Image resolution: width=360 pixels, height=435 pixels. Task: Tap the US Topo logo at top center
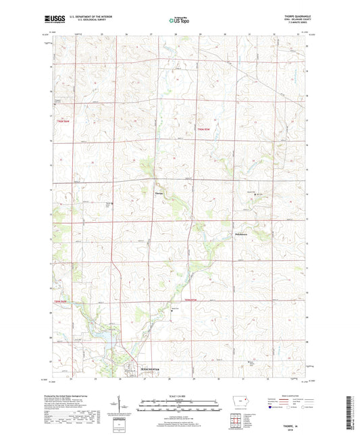point(179,21)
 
